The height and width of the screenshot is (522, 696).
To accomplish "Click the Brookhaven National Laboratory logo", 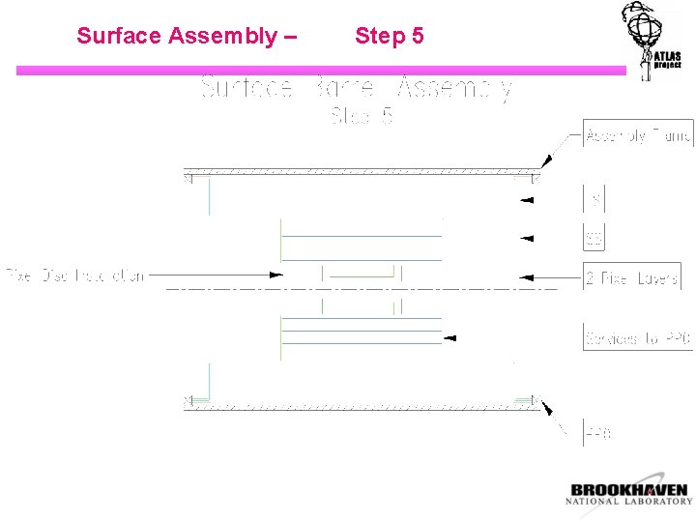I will point(628,494).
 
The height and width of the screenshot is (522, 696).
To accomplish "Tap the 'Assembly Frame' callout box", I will point(638,135).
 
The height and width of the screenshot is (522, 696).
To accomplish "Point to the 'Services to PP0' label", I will point(638,337).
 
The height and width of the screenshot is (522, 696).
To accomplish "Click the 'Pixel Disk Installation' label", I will point(75,275).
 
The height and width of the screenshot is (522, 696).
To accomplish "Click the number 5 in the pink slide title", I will point(417,37).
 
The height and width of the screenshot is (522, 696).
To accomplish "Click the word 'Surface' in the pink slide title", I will point(119,37).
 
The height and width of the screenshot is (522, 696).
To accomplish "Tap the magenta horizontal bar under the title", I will point(319,71).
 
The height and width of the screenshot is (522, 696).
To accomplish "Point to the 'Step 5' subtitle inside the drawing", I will point(362,117).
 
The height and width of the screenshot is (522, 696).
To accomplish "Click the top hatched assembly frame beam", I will point(362,171).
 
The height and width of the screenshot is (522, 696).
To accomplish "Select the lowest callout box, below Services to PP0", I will point(597,433).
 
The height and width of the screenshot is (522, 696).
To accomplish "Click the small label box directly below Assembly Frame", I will point(594,200).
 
